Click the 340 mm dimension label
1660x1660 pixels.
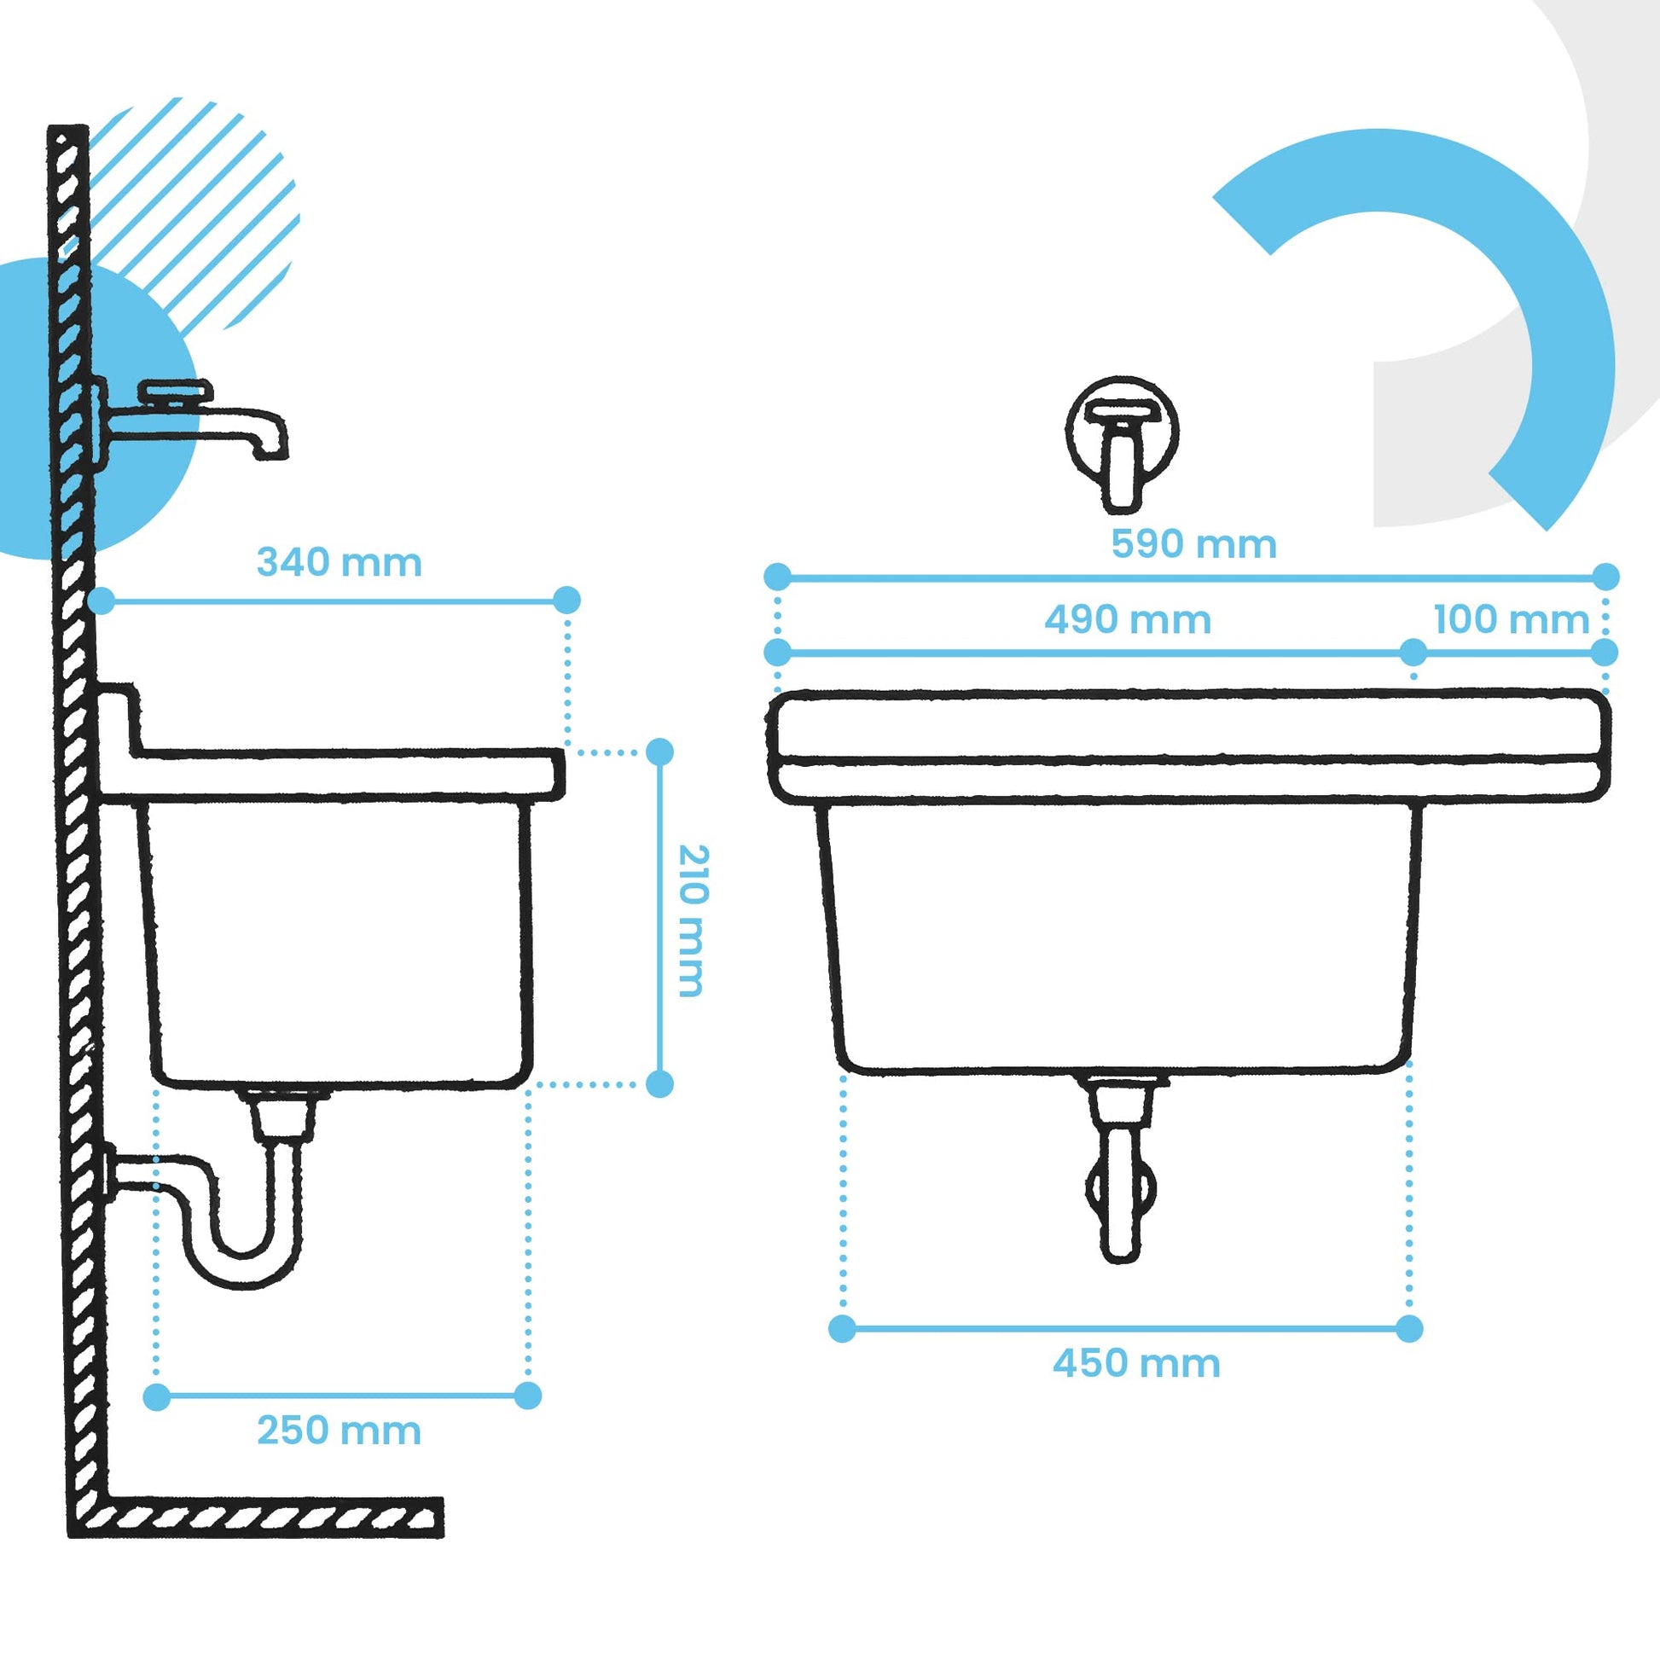340,563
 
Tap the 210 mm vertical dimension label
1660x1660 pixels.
692,920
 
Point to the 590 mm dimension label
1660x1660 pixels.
1193,544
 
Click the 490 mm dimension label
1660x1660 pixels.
1128,619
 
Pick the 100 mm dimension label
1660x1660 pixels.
1512,619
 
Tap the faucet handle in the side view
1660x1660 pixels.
175,392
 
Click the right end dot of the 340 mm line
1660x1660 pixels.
566,600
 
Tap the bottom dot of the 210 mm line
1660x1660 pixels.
659,1083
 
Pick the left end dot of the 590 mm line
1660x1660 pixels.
777,577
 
